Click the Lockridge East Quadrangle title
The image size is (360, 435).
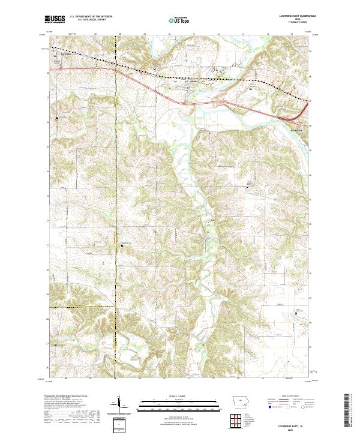(292, 17)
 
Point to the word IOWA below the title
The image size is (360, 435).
(292, 20)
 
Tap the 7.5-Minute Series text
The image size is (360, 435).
(292, 23)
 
